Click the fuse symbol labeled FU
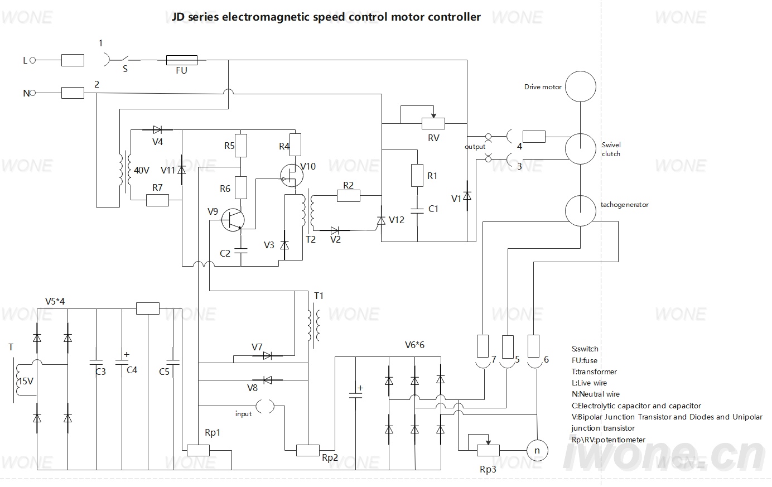182,60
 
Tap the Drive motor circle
580,86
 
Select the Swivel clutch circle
580,148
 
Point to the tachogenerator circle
580,210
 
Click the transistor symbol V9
233,220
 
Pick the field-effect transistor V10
292,175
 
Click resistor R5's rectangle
241,146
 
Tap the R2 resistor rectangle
349,196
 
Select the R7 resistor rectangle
157,200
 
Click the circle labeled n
537,451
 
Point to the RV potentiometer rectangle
433,123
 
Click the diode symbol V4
157,129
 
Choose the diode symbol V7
267,356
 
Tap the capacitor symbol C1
417,211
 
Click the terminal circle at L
33,60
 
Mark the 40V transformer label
141,170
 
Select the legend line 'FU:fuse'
585,360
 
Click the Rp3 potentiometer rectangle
488,451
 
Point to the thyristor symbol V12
381,220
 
